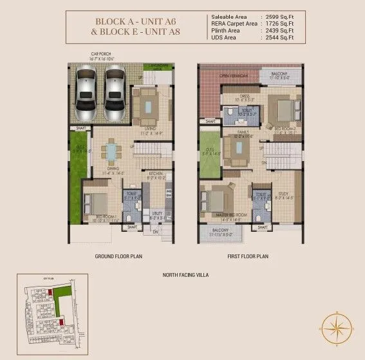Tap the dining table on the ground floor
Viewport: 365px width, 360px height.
point(113,153)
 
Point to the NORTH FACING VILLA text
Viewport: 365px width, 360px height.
point(185,275)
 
